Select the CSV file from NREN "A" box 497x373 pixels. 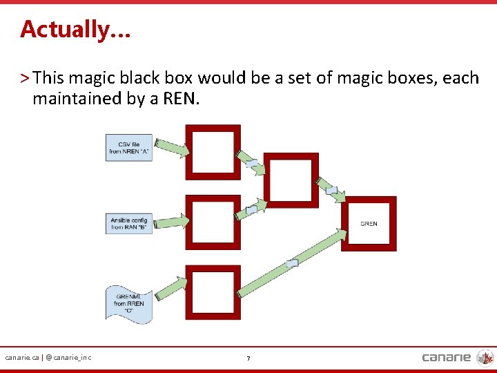[x=129, y=148]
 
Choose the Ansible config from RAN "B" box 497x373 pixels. [x=129, y=224]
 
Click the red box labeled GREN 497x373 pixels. [x=371, y=224]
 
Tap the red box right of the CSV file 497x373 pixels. [x=213, y=152]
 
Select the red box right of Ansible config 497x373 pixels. [x=213, y=222]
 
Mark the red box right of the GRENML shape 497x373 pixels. [x=213, y=292]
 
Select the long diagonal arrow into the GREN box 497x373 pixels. [x=292, y=262]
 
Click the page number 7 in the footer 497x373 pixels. [x=248, y=358]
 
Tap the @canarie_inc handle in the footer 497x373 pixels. [x=68, y=357]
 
